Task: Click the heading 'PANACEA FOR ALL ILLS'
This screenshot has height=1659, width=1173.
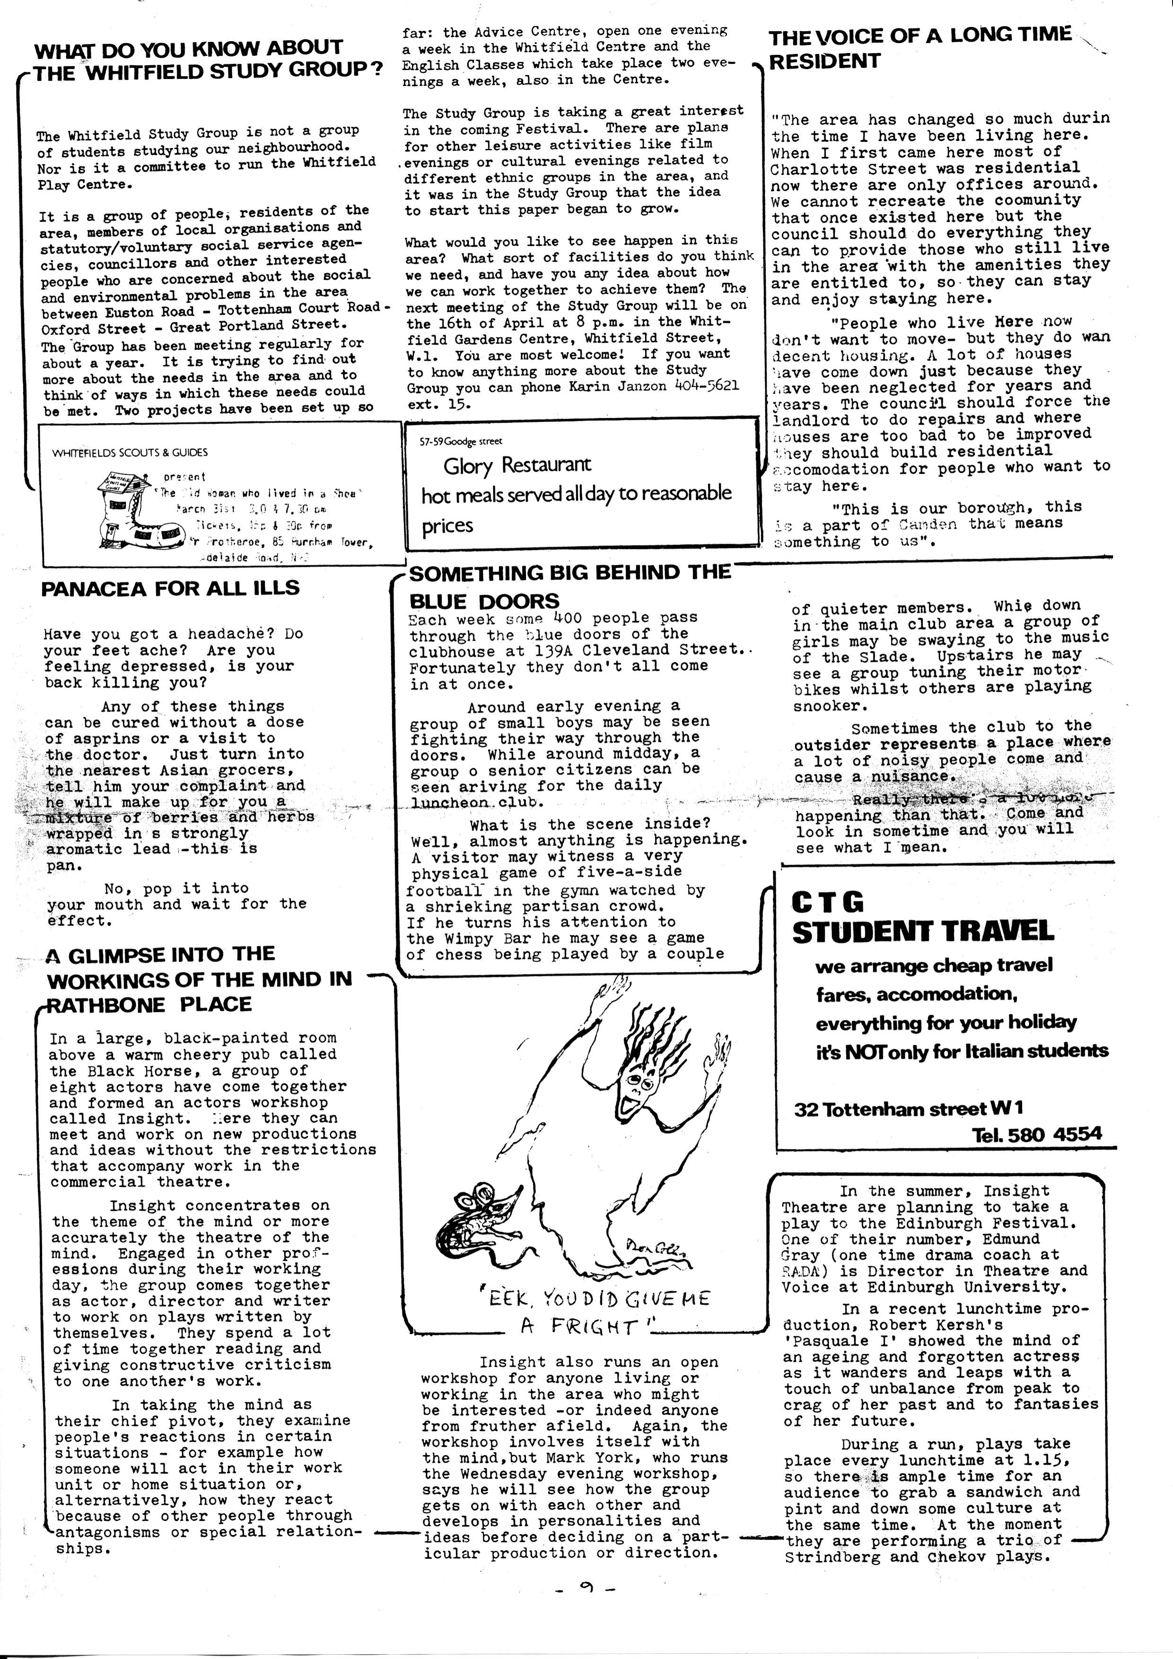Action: (170, 588)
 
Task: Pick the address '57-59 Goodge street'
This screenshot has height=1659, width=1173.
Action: (461, 441)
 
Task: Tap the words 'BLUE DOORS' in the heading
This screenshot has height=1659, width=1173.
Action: (484, 601)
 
